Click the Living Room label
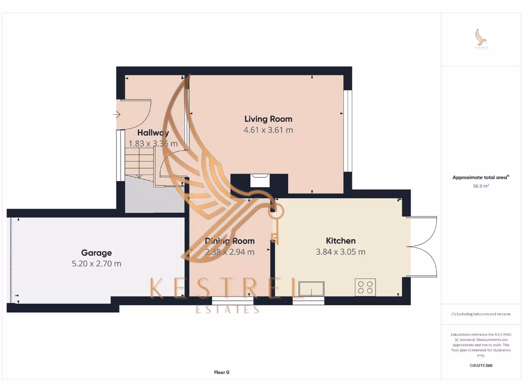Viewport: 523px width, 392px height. (x=268, y=119)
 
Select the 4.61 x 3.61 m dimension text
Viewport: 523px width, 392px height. (x=268, y=130)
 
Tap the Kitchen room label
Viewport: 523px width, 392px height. (x=341, y=241)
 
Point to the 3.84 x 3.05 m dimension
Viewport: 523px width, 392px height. (x=341, y=252)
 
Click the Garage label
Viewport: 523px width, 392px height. (x=96, y=253)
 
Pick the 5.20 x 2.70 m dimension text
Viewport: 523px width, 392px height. (x=96, y=264)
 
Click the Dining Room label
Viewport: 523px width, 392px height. (x=229, y=241)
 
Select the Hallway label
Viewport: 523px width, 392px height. (x=153, y=133)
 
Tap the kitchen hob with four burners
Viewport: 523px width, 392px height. (x=365, y=287)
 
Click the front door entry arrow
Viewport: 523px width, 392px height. (x=115, y=114)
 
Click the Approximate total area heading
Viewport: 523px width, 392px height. (x=481, y=178)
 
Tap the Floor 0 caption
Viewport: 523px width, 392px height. (x=221, y=372)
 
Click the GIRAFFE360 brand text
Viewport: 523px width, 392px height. (x=481, y=365)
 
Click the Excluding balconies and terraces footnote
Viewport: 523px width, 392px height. (x=481, y=314)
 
